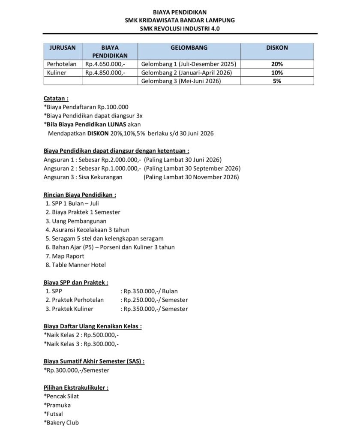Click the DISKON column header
pos(277,48)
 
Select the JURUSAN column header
pos(63,48)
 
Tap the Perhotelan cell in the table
pos(62,64)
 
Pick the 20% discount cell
pos(277,64)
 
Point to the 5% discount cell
pos(277,81)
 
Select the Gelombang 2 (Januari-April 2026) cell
pos(186,72)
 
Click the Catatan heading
pos(56,98)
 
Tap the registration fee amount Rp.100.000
pos(113,107)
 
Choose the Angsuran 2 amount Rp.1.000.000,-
pos(122,168)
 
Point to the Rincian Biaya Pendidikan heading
pos(80,195)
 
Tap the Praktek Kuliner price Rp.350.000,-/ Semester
pos(155,309)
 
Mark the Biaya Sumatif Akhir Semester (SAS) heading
pos(94,361)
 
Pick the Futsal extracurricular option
pos(54,414)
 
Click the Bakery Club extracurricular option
pos(62,423)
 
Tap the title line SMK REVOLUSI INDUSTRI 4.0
pos(180,28)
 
